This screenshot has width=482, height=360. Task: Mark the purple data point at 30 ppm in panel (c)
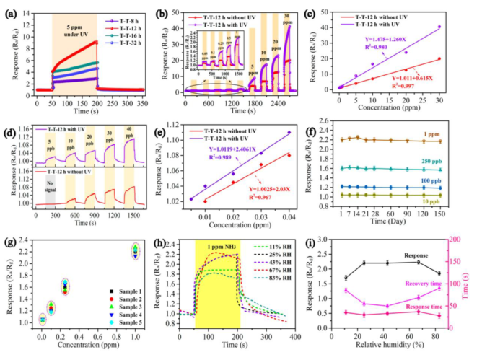pyautogui.click(x=459, y=27)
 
